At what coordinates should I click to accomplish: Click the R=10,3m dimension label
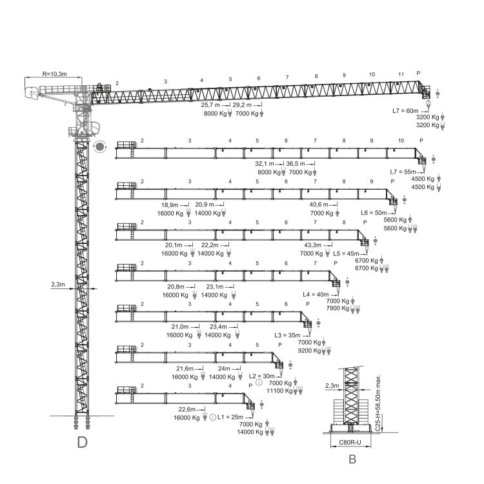(x=54, y=74)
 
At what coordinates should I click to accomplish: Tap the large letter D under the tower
(x=82, y=442)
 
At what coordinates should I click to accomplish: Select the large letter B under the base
(x=352, y=459)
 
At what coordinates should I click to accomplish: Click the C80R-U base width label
(x=350, y=442)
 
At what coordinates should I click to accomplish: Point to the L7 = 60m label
(x=405, y=111)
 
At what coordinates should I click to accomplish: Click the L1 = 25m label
(x=230, y=417)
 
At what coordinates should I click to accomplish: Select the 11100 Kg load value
(x=279, y=391)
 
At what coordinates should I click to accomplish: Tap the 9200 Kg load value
(x=309, y=350)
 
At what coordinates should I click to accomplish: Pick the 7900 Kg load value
(x=338, y=308)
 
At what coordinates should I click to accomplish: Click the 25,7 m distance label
(x=210, y=105)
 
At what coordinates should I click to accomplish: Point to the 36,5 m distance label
(x=296, y=164)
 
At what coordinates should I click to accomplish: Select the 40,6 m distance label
(x=319, y=205)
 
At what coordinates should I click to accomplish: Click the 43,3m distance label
(x=313, y=245)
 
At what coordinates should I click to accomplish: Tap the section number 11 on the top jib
(x=401, y=74)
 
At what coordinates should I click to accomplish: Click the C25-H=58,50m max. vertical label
(x=378, y=403)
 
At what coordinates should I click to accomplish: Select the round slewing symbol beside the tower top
(x=99, y=146)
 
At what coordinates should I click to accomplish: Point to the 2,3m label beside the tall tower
(x=58, y=285)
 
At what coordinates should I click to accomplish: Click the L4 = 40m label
(x=316, y=294)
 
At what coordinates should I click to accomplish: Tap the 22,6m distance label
(x=187, y=409)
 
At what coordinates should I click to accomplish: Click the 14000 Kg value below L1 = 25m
(x=250, y=432)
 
